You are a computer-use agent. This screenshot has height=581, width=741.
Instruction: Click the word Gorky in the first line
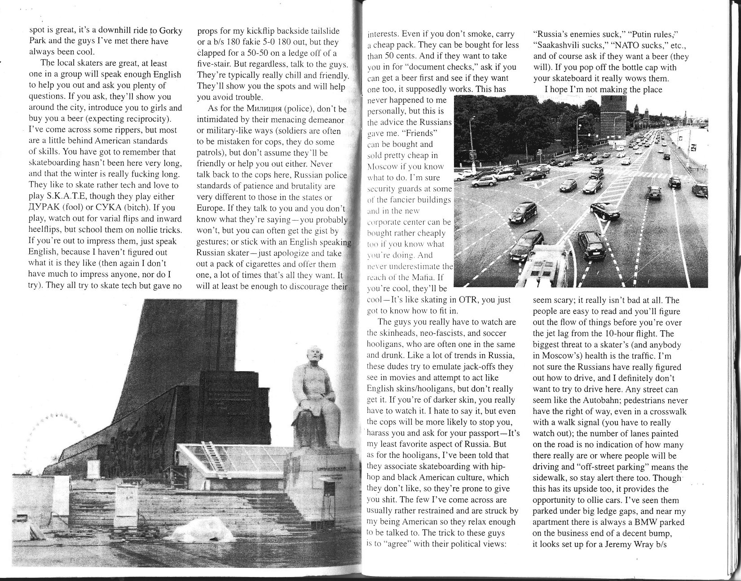click(x=170, y=31)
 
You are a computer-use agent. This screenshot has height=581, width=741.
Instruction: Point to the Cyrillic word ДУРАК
click(x=45, y=208)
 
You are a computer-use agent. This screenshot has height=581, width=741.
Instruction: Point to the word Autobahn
click(x=609, y=401)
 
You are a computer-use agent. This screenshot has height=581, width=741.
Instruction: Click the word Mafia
click(x=420, y=277)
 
